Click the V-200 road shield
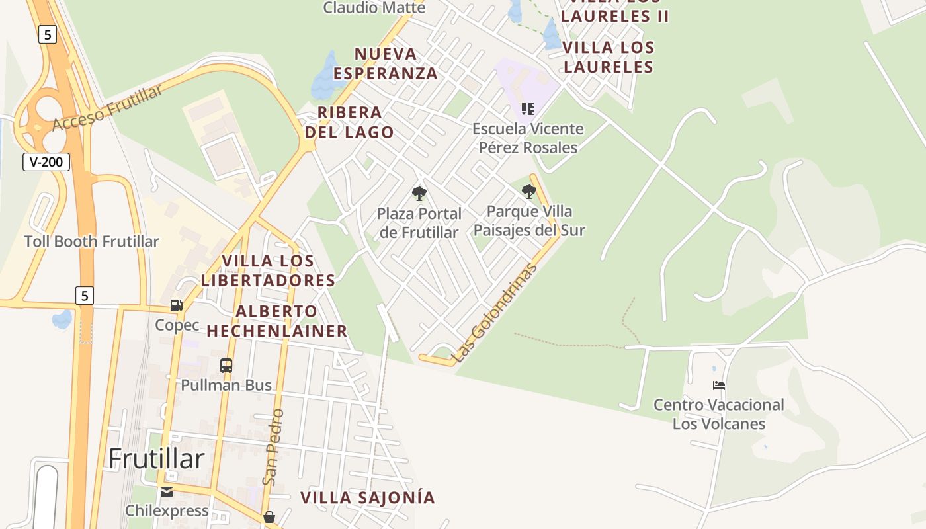coord(46,162)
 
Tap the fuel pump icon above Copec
coord(177,305)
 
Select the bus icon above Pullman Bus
coord(226,365)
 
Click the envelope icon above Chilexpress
coord(166,491)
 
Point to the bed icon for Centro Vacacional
coord(719,386)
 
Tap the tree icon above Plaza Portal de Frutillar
coord(419,194)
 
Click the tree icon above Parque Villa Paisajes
coord(528,192)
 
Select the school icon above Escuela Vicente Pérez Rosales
coord(527,109)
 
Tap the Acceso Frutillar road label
coord(107,108)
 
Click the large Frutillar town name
coord(156,458)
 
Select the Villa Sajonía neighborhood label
coord(368,497)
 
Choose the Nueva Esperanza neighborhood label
coord(386,63)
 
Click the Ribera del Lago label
coord(349,122)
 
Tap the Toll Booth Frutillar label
coord(91,241)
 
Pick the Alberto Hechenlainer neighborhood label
coord(277,321)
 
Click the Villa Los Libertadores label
coord(269,270)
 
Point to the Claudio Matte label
coord(374,8)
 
